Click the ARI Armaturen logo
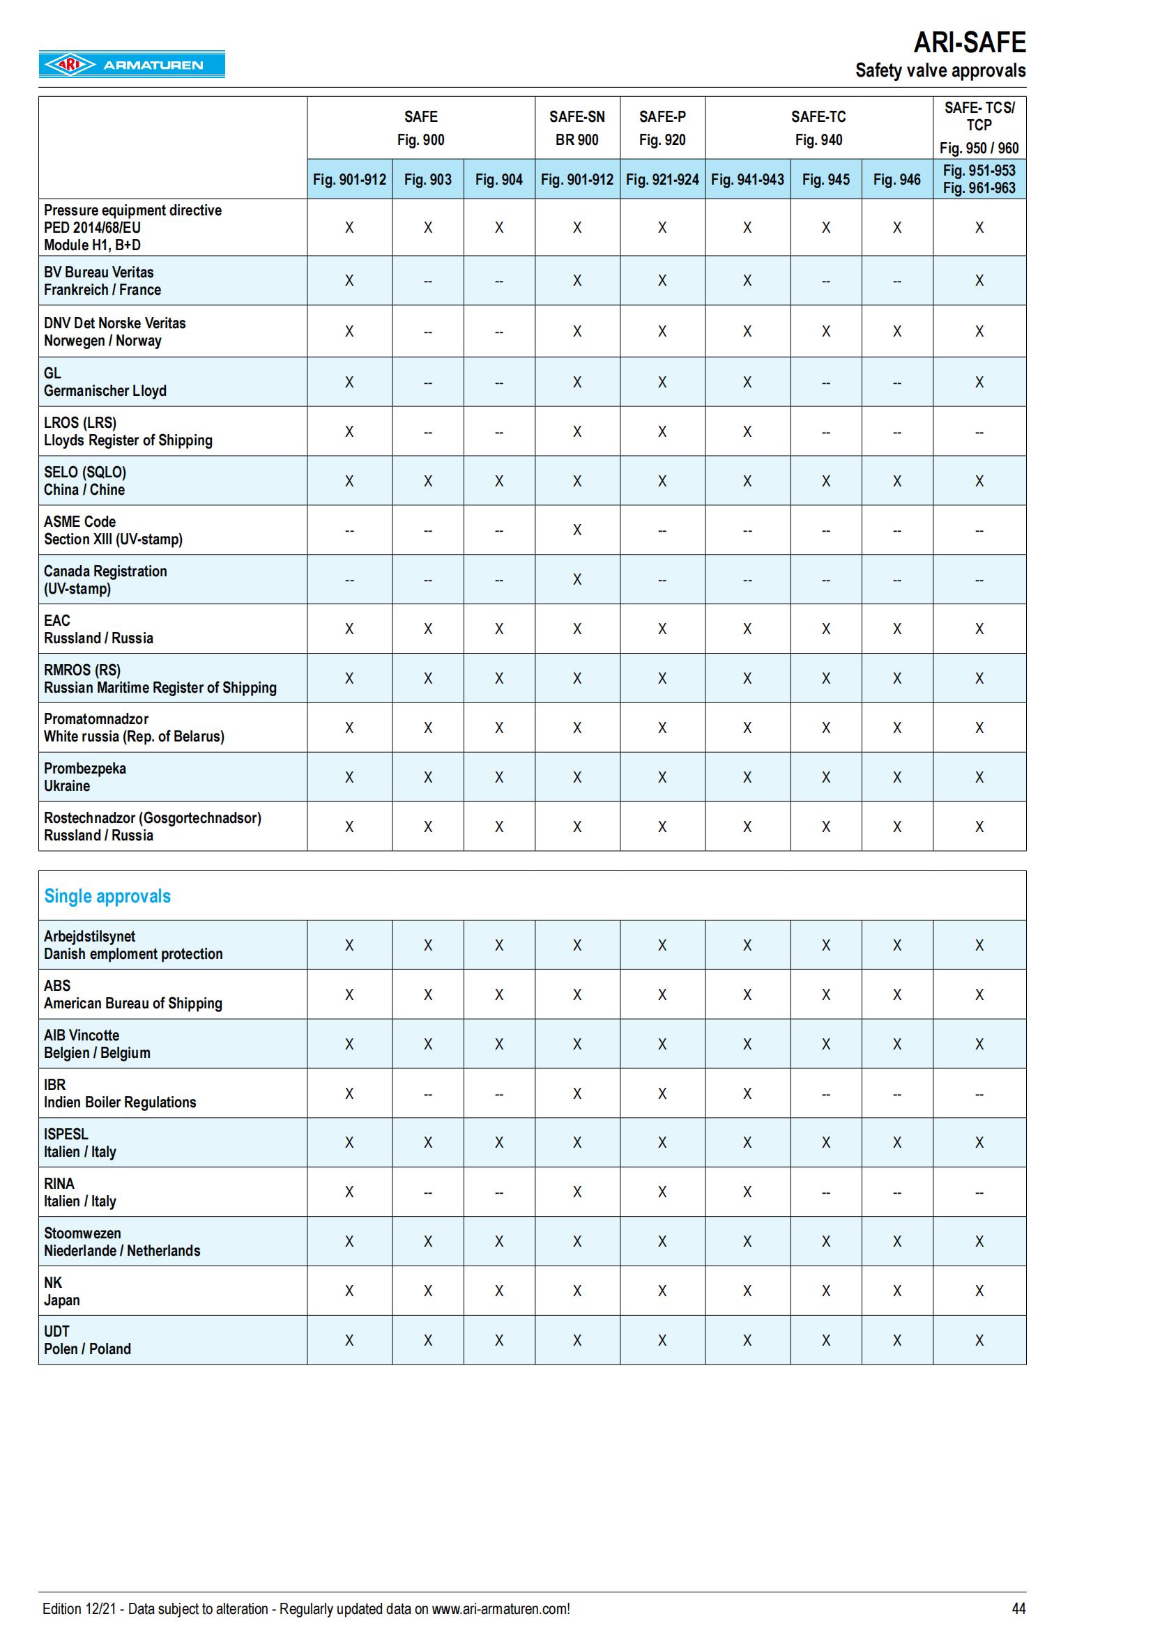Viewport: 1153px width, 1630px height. pyautogui.click(x=131, y=65)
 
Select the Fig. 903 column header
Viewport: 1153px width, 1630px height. pyautogui.click(x=427, y=180)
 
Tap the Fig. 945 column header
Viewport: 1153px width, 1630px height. pyautogui.click(x=825, y=180)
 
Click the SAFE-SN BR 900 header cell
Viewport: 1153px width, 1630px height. pyautogui.click(x=576, y=128)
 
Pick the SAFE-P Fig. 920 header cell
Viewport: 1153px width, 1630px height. pyautogui.click(x=662, y=128)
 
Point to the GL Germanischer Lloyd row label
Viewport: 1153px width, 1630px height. pyautogui.click(x=105, y=382)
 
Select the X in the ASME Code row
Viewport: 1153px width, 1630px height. pyautogui.click(x=577, y=530)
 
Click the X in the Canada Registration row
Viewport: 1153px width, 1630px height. pyautogui.click(x=577, y=579)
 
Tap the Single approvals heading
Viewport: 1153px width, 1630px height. pyautogui.click(x=107, y=896)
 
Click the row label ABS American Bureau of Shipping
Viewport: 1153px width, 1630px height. pyautogui.click(x=132, y=994)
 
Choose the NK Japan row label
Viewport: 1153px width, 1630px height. pyautogui.click(x=62, y=1291)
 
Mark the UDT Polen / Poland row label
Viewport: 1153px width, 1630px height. pyautogui.click(x=87, y=1340)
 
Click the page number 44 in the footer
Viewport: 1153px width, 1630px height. pyautogui.click(x=1018, y=1608)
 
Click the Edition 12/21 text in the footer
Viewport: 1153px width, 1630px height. pyautogui.click(x=305, y=1608)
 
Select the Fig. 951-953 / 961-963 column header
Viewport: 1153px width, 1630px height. pyautogui.click(x=979, y=180)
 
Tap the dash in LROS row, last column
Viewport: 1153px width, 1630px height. pyautogui.click(x=979, y=432)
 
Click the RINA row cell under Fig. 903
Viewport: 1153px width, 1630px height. pyautogui.click(x=427, y=1192)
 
